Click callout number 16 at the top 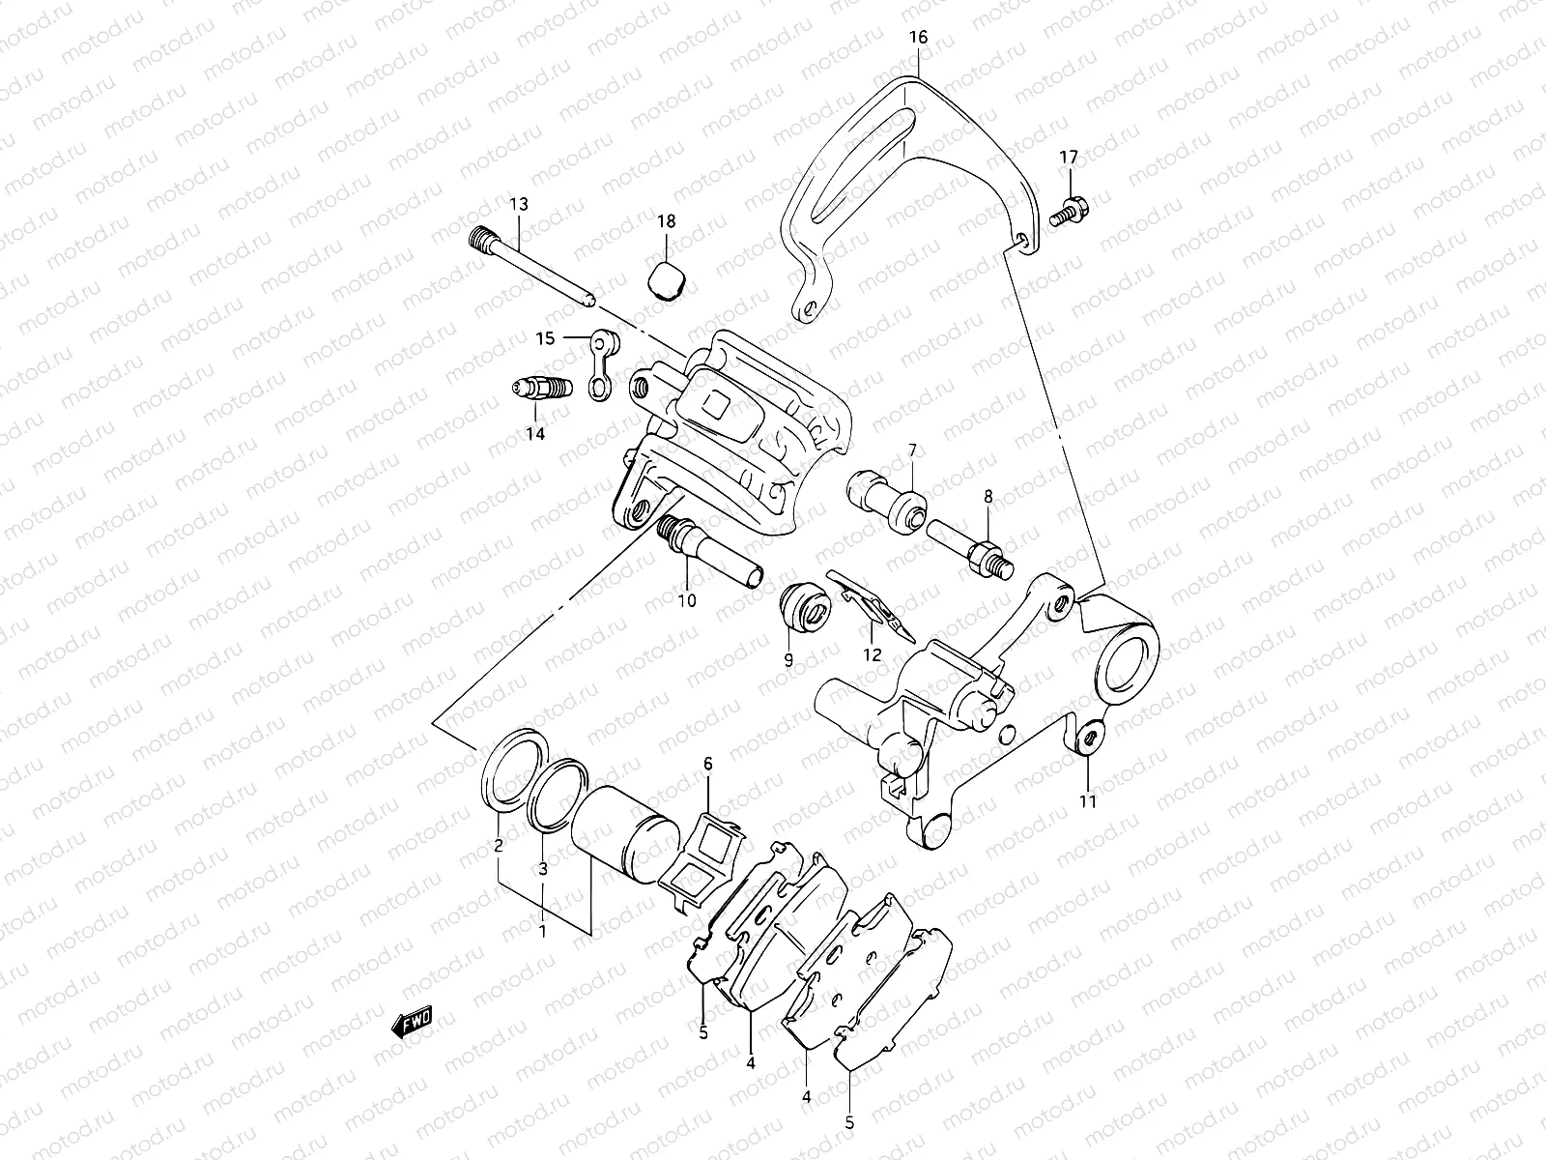pyautogui.click(x=917, y=38)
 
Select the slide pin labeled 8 pyautogui.click(x=966, y=545)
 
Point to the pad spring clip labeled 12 pyautogui.click(x=873, y=603)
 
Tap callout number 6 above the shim pyautogui.click(x=707, y=765)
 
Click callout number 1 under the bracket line pyautogui.click(x=542, y=932)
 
